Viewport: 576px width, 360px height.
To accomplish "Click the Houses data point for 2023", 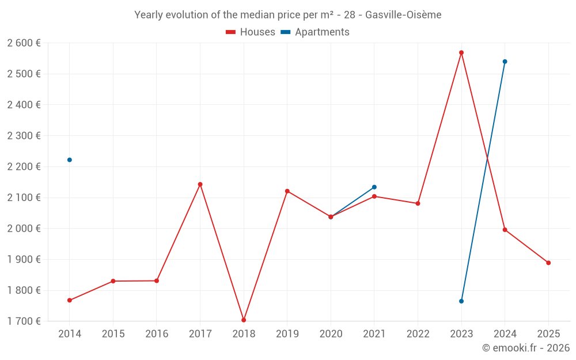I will tap(461, 52).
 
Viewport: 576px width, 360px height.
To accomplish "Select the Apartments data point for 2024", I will tap(505, 62).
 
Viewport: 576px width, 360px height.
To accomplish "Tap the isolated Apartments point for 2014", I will tap(70, 160).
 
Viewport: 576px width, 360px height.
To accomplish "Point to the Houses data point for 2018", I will tap(244, 320).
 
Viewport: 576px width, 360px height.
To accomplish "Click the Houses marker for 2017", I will tap(200, 184).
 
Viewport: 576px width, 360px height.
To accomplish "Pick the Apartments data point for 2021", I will tap(374, 187).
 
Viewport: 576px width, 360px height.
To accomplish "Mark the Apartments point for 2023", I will tap(461, 301).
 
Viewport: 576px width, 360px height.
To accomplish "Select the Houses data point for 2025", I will tap(548, 263).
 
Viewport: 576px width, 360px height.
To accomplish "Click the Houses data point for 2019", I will tap(287, 191).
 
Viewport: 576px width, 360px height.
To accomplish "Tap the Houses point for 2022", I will tap(418, 203).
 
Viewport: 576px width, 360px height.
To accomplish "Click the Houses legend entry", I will tap(251, 32).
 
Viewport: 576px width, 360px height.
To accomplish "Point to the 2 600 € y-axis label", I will tap(24, 43).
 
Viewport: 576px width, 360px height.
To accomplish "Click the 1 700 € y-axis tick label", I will tap(24, 321).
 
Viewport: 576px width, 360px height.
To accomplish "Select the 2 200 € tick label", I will tap(24, 167).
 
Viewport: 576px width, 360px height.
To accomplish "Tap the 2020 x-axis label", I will tap(331, 334).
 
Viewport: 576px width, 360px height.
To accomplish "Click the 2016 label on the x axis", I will tap(157, 334).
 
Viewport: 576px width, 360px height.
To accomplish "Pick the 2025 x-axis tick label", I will tap(548, 334).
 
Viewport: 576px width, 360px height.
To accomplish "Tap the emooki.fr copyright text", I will tap(526, 348).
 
